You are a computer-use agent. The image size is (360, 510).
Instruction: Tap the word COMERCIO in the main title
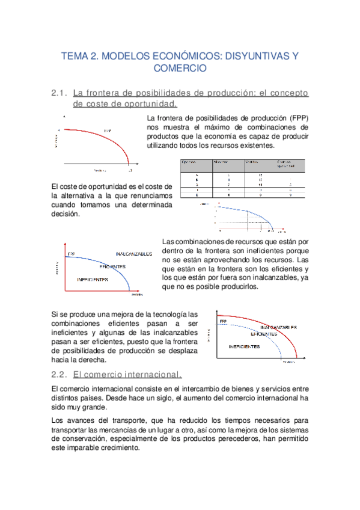pos(180,69)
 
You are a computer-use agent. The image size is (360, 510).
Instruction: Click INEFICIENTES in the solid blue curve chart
pos(93,280)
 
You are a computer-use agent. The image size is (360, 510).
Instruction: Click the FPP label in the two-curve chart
pos(224,322)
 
